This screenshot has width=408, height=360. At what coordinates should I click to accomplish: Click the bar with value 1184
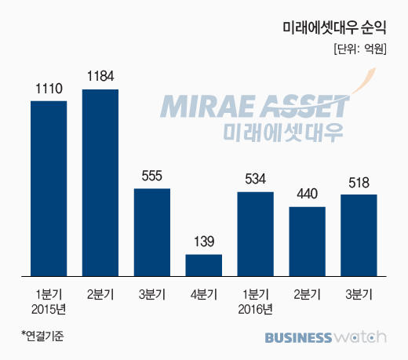[100, 183]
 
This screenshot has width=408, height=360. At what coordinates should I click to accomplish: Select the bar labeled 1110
[49, 188]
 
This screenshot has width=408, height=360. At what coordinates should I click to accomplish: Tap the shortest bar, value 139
[204, 265]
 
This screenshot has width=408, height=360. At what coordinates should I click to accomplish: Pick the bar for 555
[152, 232]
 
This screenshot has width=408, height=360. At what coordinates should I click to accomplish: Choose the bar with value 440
[308, 242]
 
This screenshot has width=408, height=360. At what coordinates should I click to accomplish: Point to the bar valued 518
[359, 235]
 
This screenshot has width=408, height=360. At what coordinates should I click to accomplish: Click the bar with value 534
[256, 234]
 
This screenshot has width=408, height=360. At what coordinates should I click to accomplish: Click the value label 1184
[100, 76]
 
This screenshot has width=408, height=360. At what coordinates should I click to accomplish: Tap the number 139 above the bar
[204, 242]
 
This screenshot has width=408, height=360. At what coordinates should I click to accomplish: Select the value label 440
[308, 194]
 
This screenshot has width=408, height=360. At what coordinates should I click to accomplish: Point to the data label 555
[152, 176]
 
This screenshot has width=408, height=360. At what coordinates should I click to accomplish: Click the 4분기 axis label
[204, 295]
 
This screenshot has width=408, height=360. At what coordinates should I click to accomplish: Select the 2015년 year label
[49, 310]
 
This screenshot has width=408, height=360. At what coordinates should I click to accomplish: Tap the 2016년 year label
[256, 310]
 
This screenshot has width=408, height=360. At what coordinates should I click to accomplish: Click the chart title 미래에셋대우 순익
[334, 27]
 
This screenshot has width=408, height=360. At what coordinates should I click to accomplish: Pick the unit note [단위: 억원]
[360, 49]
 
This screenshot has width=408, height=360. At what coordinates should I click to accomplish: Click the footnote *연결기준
[42, 336]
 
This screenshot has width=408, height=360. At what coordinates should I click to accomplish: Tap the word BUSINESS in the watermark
[298, 337]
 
